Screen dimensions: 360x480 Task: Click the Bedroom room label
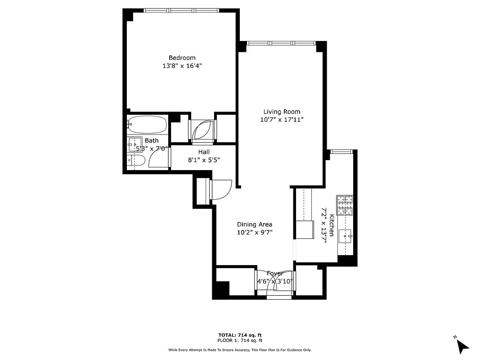click(182, 58)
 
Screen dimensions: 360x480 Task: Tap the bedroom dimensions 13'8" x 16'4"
click(182, 66)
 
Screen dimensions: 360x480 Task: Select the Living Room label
click(282, 112)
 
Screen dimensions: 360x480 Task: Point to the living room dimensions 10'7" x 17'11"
click(282, 120)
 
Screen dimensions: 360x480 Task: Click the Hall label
click(204, 152)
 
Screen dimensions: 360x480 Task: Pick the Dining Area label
click(255, 224)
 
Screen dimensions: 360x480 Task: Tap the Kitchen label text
click(332, 225)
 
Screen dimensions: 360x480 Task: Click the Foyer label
click(275, 274)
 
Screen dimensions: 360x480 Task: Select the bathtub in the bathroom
click(147, 124)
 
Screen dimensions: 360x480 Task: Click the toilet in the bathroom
click(135, 160)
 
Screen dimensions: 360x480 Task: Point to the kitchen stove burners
click(345, 205)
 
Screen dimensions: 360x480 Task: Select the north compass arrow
click(462, 346)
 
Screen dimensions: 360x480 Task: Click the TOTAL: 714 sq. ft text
click(240, 335)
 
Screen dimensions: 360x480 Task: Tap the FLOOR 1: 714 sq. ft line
click(240, 341)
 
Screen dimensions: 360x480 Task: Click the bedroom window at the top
click(181, 10)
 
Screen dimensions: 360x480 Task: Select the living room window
click(281, 43)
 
